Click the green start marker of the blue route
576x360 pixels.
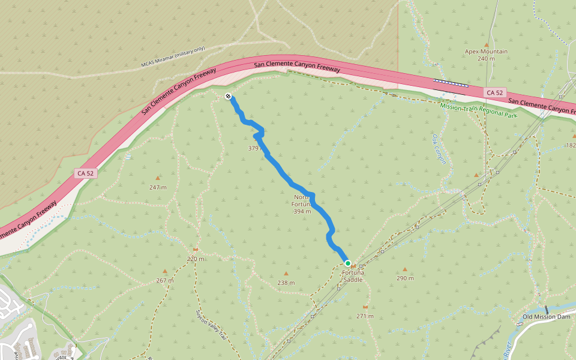[347, 263]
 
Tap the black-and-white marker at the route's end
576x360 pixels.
[228, 97]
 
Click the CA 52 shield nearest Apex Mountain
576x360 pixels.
[495, 92]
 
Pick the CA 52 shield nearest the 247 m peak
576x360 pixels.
[85, 173]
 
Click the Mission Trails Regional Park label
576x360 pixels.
[478, 110]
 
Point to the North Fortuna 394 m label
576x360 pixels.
[302, 204]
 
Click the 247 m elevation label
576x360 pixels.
[158, 187]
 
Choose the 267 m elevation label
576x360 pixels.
[165, 280]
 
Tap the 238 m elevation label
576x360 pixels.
[286, 283]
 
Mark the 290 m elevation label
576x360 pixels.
[405, 278]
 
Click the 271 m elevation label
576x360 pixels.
[365, 316]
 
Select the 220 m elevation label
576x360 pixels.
[196, 259]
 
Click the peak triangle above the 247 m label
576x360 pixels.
[158, 178]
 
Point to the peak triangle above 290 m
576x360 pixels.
[405, 269]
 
